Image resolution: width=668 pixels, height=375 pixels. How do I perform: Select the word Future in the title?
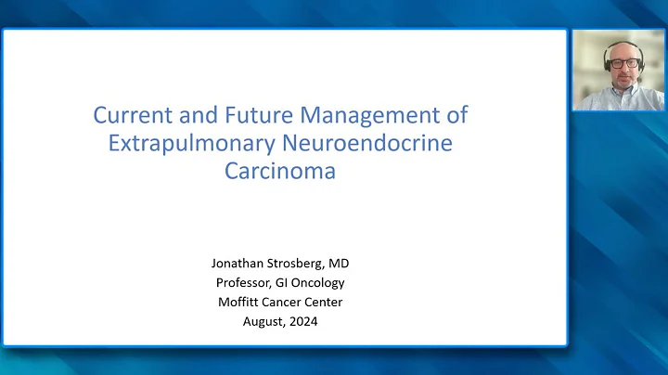pos(249,117)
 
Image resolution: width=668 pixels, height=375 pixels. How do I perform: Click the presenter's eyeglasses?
pos(620,64)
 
